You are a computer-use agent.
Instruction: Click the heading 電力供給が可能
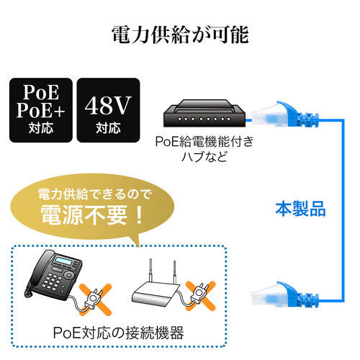tap(180, 34)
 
